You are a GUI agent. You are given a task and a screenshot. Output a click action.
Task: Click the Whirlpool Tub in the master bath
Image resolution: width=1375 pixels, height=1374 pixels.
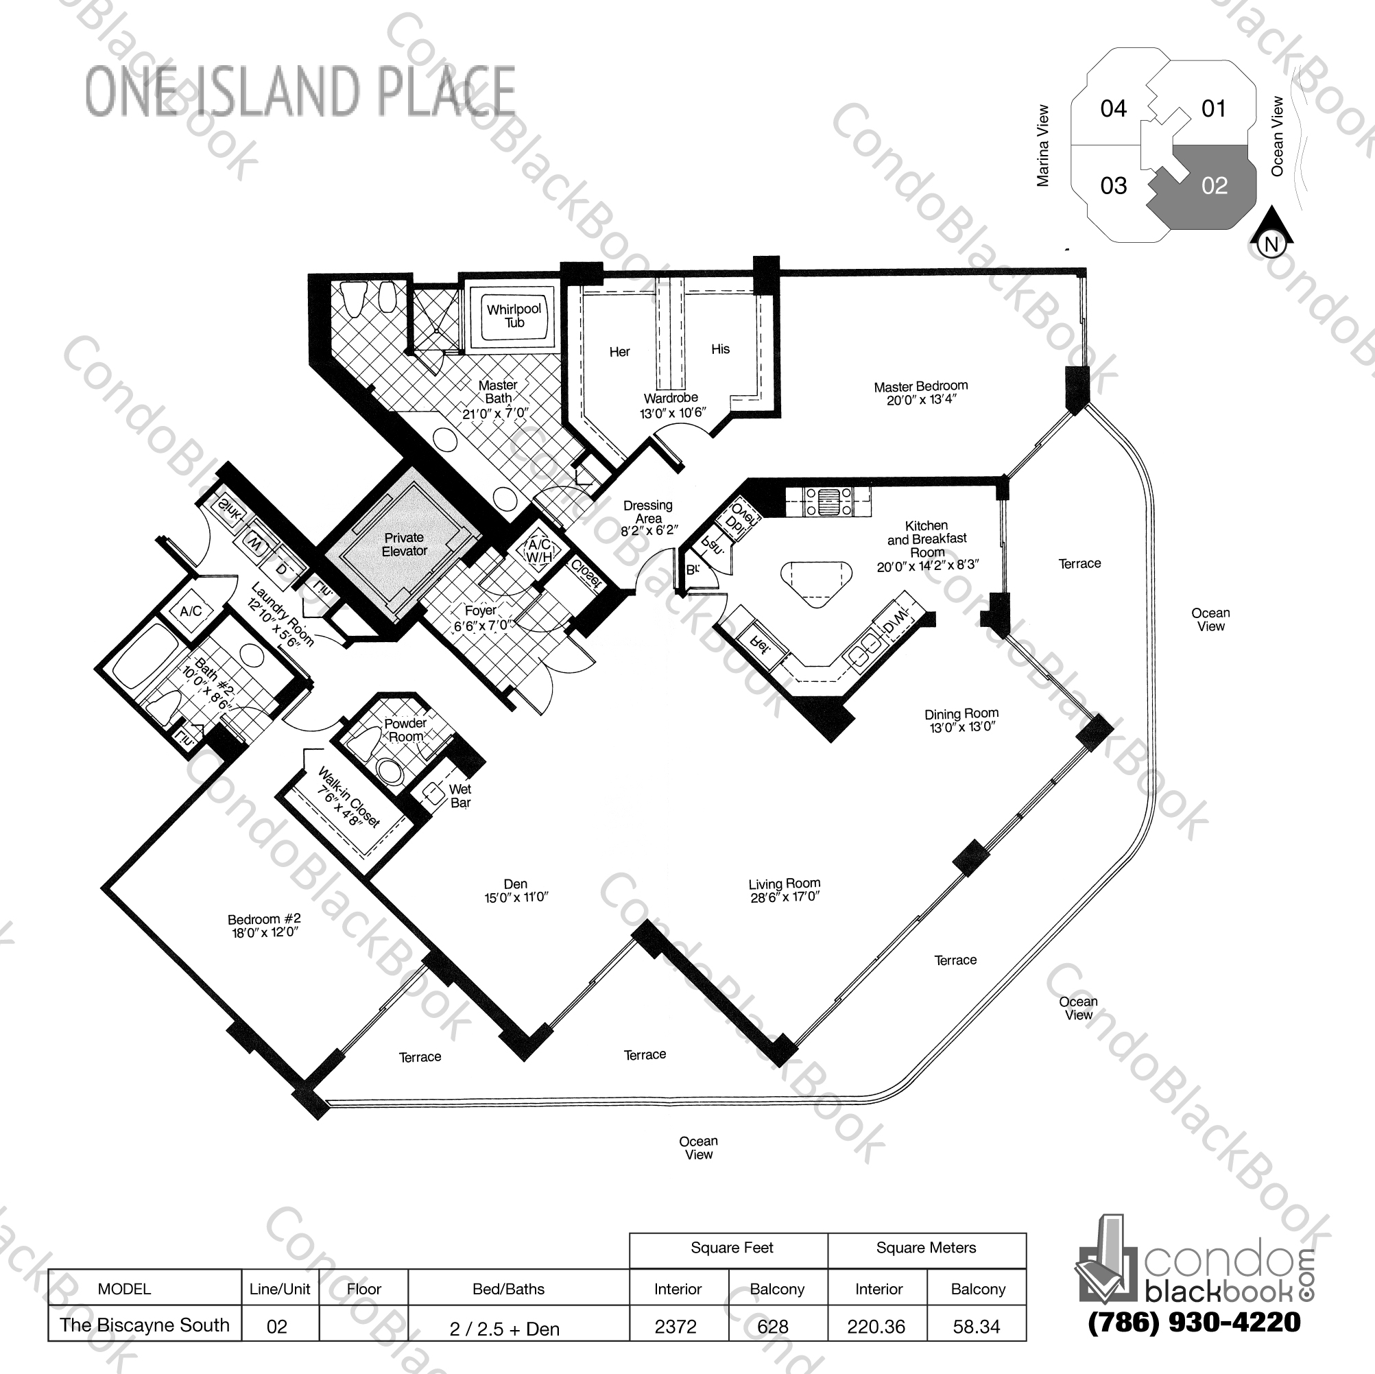[x=514, y=316]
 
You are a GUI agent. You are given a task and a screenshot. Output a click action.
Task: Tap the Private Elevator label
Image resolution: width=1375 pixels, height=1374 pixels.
[x=404, y=545]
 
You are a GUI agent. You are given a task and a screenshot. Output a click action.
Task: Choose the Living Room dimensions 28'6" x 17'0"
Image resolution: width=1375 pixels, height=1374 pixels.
[x=785, y=897]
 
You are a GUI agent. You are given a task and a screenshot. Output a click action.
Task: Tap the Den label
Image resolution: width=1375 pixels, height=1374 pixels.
[x=515, y=884]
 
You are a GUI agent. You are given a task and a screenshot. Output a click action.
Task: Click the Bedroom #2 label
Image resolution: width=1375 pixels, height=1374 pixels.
[x=264, y=919]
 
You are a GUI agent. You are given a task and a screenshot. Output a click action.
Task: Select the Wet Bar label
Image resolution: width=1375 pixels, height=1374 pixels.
[x=459, y=796]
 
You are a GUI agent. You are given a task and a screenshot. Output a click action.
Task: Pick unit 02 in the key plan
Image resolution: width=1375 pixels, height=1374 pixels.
[x=1214, y=186]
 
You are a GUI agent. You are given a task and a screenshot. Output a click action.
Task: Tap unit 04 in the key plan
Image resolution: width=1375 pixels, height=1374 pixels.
[x=1113, y=108]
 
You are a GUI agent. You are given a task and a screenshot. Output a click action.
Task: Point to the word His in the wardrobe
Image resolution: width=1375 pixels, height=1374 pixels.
[x=720, y=349]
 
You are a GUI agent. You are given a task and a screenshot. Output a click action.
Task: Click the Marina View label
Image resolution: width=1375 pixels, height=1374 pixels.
[x=1043, y=146]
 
